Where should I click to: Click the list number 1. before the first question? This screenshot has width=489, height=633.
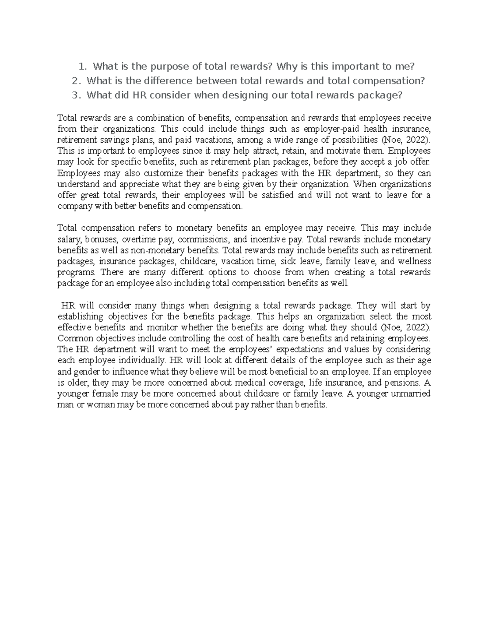(83, 66)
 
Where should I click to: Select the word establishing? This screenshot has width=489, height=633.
(80, 317)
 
